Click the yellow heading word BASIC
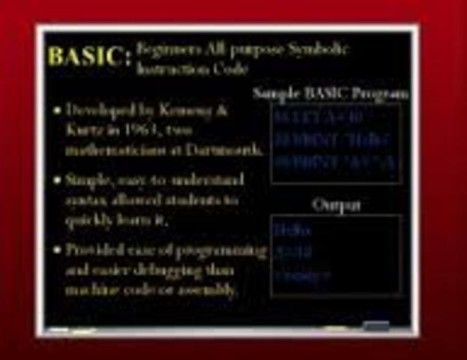tap(83, 57)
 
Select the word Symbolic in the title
tap(322, 50)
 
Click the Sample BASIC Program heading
tap(331, 94)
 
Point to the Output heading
tap(336, 204)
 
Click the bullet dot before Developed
tap(57, 111)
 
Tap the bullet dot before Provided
tap(57, 250)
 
